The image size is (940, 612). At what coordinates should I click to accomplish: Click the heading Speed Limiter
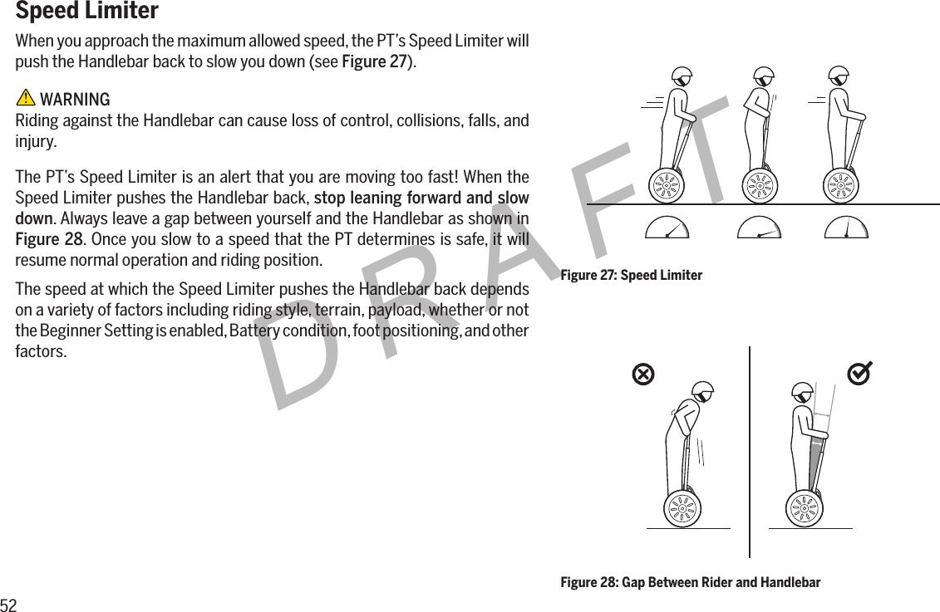click(x=87, y=12)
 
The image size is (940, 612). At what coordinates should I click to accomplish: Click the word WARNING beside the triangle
click(x=75, y=100)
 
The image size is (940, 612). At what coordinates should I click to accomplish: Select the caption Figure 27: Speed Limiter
click(x=631, y=275)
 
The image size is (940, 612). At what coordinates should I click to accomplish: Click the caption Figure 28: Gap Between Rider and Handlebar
click(x=690, y=582)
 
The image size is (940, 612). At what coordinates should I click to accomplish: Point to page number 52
click(x=9, y=604)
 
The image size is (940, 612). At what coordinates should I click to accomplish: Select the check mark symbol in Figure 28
click(x=859, y=375)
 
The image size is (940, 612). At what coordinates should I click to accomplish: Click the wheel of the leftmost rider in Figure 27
click(x=666, y=184)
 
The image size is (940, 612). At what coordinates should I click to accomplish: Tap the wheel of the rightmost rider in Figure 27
click(x=841, y=184)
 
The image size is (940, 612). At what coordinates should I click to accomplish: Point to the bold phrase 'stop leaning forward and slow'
click(x=421, y=198)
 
